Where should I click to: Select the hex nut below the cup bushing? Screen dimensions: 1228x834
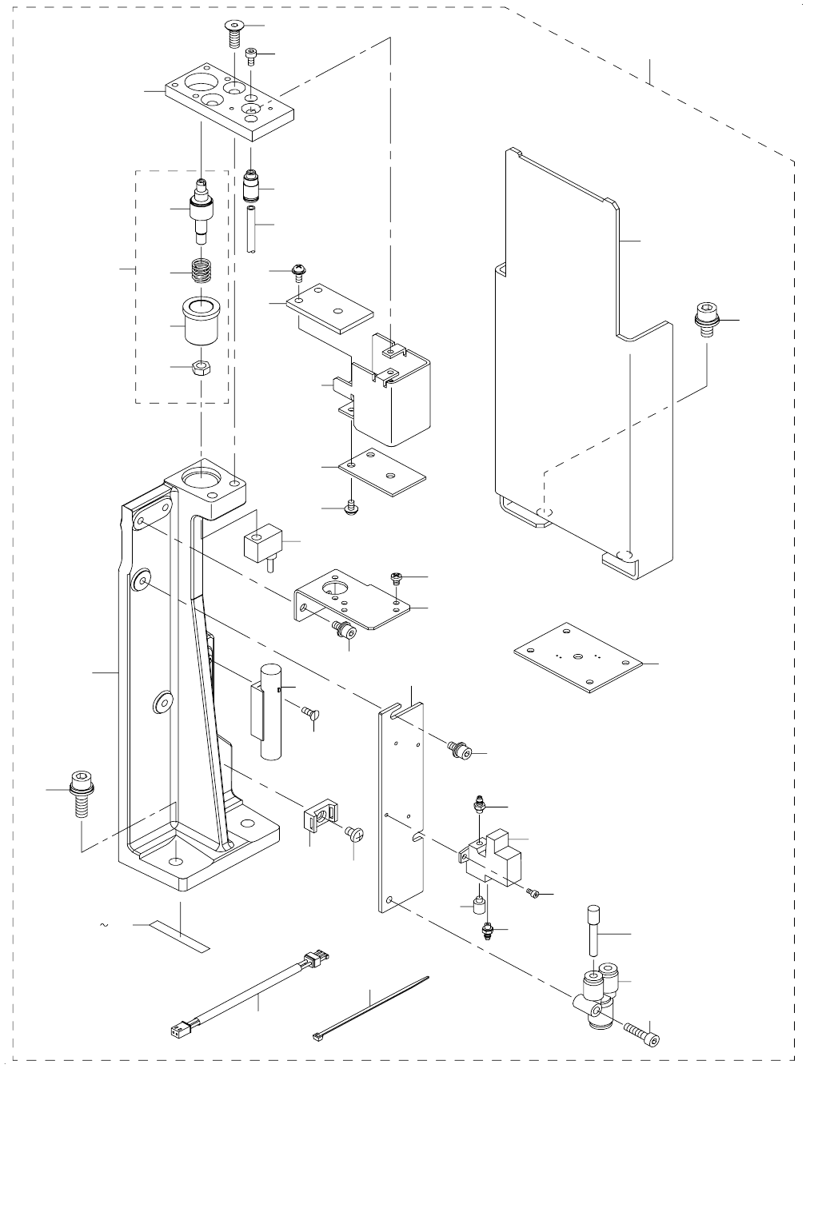202,368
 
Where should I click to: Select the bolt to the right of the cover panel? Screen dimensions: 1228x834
707,319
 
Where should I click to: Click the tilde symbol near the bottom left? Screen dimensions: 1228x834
104,925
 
